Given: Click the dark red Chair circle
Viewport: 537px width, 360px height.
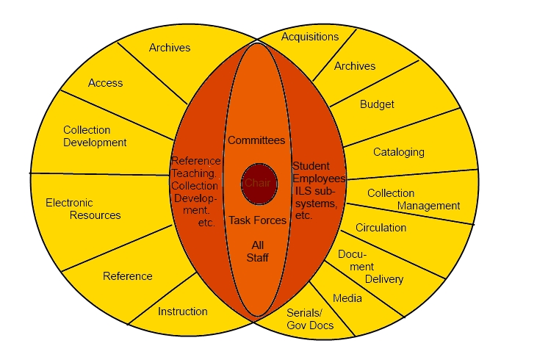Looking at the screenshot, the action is coord(259,184).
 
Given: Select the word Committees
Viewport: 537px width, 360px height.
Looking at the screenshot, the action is coord(256,140).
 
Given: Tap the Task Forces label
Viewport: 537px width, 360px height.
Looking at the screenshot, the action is coord(258,220).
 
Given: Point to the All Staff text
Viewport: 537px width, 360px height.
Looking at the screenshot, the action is coord(258,251).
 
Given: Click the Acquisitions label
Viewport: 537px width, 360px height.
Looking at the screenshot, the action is coord(310,37).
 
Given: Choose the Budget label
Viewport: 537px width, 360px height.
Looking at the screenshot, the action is coord(377,104).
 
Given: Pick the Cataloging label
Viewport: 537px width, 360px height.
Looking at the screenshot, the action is coord(399,152).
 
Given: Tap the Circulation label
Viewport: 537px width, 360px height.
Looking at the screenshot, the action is coord(381,228).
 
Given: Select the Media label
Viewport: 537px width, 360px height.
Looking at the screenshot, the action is coord(347,298).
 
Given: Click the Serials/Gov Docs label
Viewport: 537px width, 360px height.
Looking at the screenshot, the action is coord(310,319).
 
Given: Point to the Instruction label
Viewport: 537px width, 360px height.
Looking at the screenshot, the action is coord(182,312).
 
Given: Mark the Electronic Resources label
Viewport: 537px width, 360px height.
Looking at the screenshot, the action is coord(83,209).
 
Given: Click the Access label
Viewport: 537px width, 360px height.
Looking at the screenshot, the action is coord(106,83).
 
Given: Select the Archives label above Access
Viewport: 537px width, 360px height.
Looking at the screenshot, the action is coord(170,48).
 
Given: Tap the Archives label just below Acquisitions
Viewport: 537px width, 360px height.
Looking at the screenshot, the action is coord(355,66).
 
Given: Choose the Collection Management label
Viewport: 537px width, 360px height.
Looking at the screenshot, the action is coord(414,199).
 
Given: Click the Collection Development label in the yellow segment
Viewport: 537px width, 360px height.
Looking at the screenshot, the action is coord(95,137).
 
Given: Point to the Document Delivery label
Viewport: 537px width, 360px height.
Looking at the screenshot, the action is coord(370,267).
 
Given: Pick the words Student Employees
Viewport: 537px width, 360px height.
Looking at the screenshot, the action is coord(319,173).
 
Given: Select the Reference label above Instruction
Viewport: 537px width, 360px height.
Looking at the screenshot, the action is coord(128,276).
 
